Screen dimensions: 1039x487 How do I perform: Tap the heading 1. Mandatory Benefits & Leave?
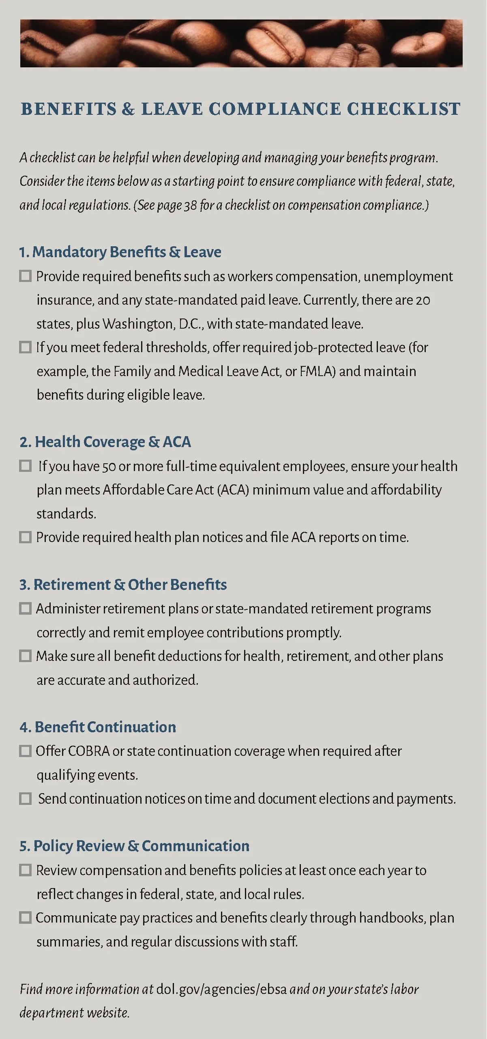(120, 252)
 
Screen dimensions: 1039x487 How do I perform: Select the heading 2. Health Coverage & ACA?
(105, 442)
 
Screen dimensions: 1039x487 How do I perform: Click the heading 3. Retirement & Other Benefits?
(123, 585)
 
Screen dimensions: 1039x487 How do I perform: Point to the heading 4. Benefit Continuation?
(98, 727)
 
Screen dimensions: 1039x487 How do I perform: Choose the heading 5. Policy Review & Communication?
(134, 846)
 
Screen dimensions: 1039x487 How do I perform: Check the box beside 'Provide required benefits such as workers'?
(26, 276)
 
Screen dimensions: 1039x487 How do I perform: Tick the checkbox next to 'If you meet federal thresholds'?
(26, 347)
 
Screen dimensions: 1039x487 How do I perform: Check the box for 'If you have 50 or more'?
(26, 466)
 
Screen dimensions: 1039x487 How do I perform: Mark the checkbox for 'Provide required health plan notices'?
(26, 537)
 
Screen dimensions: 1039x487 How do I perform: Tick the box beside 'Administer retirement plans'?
(26, 609)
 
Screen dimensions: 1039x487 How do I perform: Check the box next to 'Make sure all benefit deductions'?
(26, 656)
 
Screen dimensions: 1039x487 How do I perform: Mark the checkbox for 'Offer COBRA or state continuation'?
(26, 751)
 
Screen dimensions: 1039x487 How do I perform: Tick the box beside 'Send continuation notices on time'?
(26, 799)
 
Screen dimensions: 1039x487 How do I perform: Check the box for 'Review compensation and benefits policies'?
(26, 870)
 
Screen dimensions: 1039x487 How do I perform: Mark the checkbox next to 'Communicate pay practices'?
(26, 918)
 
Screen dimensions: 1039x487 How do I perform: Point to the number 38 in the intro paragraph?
(190, 205)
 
